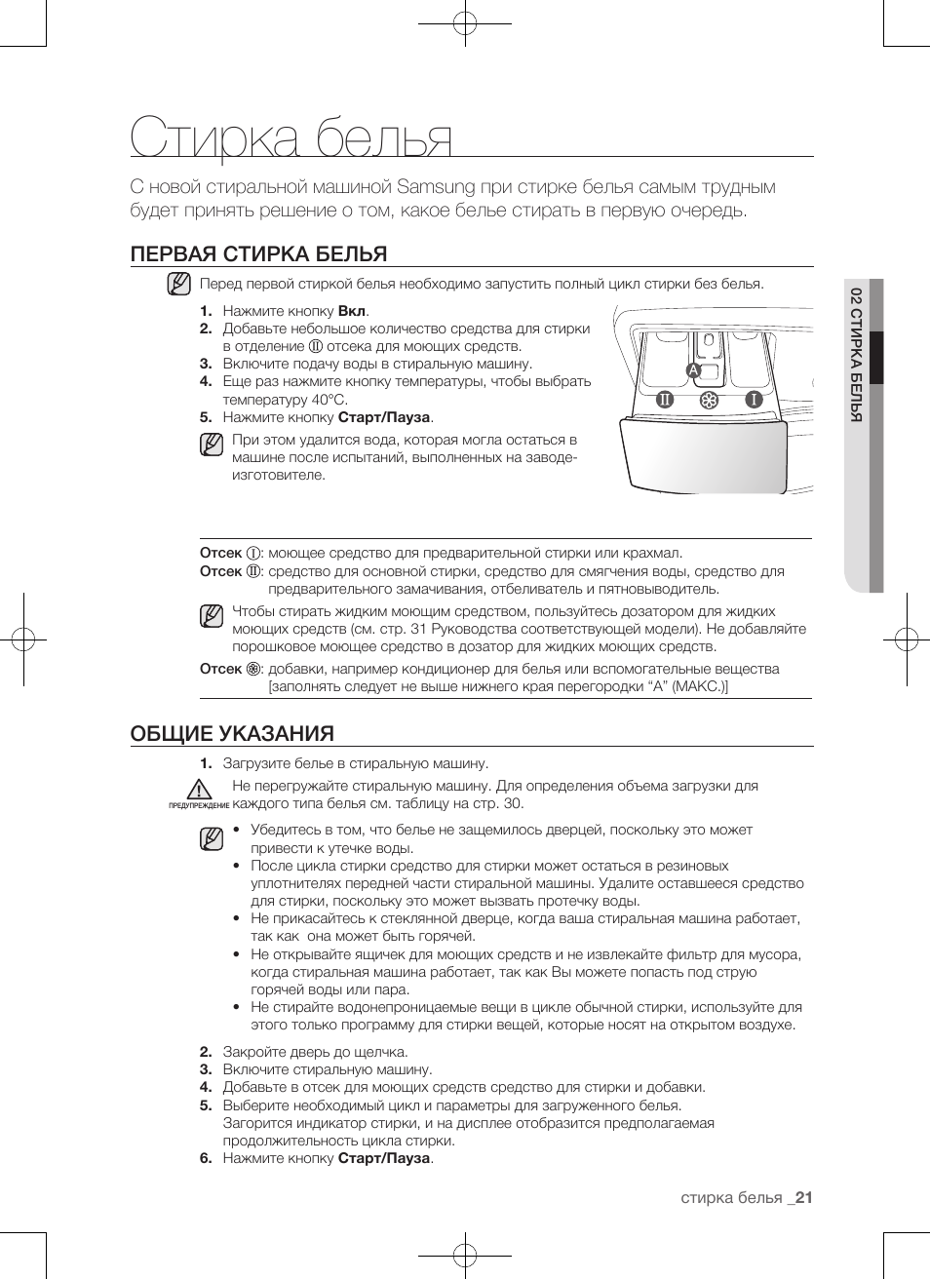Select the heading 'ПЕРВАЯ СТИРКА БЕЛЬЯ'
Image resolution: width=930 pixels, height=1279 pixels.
pyautogui.click(x=258, y=254)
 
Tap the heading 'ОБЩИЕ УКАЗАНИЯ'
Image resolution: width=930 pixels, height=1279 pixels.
pyautogui.click(x=232, y=733)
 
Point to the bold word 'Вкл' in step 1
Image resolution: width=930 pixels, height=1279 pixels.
pyautogui.click(x=351, y=311)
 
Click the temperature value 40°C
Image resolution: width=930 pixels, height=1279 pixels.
pyautogui.click(x=329, y=400)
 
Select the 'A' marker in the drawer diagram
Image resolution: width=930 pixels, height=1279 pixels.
pyautogui.click(x=693, y=370)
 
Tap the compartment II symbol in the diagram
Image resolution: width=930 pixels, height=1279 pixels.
pyautogui.click(x=665, y=399)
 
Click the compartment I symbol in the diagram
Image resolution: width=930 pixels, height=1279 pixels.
pyautogui.click(x=753, y=399)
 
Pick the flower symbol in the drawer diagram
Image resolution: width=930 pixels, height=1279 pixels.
pyautogui.click(x=709, y=401)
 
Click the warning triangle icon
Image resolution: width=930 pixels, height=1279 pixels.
pyautogui.click(x=199, y=790)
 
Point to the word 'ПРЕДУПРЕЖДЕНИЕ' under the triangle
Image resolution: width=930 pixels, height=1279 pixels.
pyautogui.click(x=199, y=806)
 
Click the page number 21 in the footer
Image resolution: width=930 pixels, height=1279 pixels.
pyautogui.click(x=803, y=1198)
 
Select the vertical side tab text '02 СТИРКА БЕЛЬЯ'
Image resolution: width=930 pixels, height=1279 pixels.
pyautogui.click(x=856, y=355)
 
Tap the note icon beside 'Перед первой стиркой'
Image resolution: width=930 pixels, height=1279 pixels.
pyautogui.click(x=178, y=284)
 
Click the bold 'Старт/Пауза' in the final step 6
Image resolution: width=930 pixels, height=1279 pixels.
pyautogui.click(x=383, y=1158)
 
